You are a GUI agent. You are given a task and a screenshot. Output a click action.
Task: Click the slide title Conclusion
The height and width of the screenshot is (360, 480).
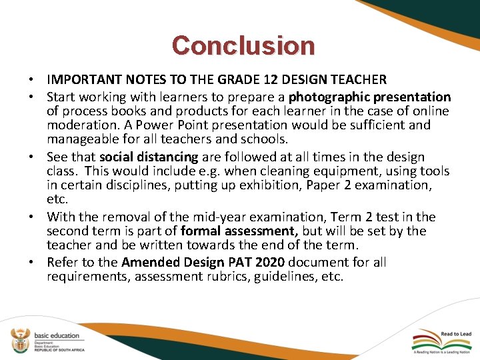243,45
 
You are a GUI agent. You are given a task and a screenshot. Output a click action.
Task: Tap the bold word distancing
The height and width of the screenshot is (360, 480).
167,157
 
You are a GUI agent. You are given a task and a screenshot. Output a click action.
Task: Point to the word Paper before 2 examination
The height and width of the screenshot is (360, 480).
323,185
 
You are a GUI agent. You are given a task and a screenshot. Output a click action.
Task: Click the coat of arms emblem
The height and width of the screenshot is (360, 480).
21,340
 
